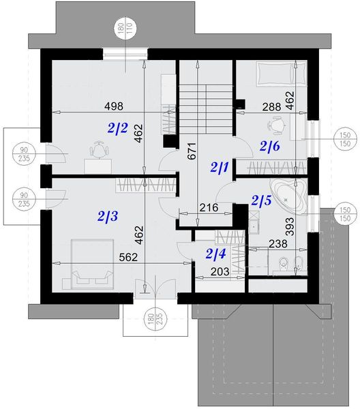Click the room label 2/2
point(118,127)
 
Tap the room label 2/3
point(108,217)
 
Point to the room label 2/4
point(215,255)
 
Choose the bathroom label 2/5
point(261,200)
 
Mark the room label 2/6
point(269,145)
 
